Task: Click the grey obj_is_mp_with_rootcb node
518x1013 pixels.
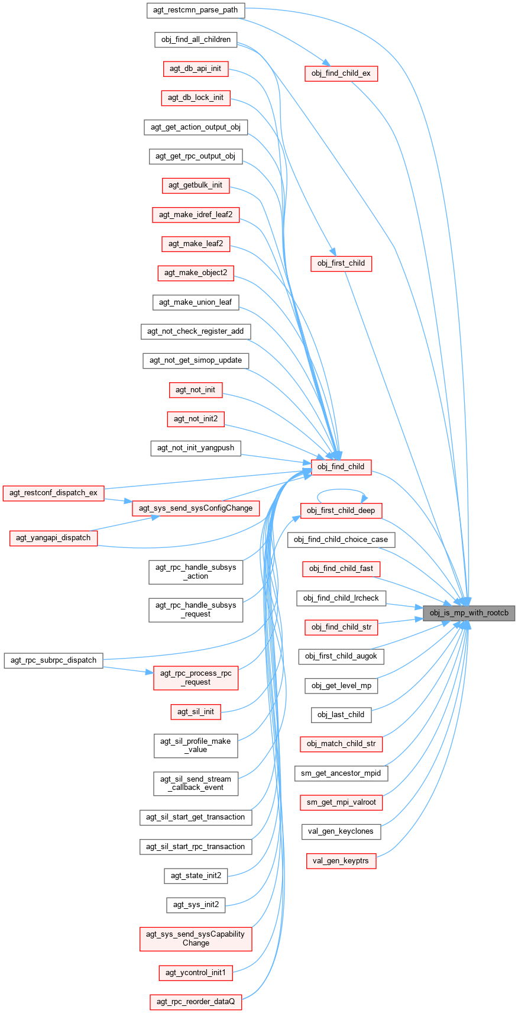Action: pyautogui.click(x=469, y=613)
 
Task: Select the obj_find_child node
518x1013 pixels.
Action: pyautogui.click(x=341, y=466)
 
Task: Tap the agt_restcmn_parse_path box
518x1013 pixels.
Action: pyautogui.click(x=195, y=10)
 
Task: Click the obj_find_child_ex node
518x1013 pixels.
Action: pyautogui.click(x=341, y=73)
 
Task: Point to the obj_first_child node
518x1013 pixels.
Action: pyautogui.click(x=341, y=263)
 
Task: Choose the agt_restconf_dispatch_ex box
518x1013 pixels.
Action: pyautogui.click(x=53, y=493)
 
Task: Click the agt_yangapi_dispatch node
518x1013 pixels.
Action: pyautogui.click(x=53, y=538)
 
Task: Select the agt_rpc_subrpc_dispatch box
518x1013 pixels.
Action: pyautogui.click(x=53, y=660)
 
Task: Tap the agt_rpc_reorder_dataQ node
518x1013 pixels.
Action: pyautogui.click(x=196, y=1002)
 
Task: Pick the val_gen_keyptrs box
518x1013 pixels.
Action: pyautogui.click(x=341, y=861)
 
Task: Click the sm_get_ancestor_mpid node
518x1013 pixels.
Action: pyautogui.click(x=341, y=773)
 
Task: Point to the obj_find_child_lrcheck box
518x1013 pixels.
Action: pyautogui.click(x=341, y=598)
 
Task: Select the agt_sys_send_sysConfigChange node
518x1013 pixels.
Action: pyautogui.click(x=196, y=508)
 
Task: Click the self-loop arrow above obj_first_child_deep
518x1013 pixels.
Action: pyautogui.click(x=341, y=490)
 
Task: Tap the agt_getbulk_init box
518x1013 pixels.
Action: pyautogui.click(x=195, y=185)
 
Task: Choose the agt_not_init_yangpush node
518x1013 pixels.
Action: pyautogui.click(x=196, y=448)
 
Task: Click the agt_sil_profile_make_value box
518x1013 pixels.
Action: pyautogui.click(x=196, y=746)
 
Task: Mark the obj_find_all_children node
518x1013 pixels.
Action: pyautogui.click(x=196, y=40)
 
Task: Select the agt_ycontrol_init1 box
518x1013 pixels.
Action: pyautogui.click(x=196, y=972)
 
